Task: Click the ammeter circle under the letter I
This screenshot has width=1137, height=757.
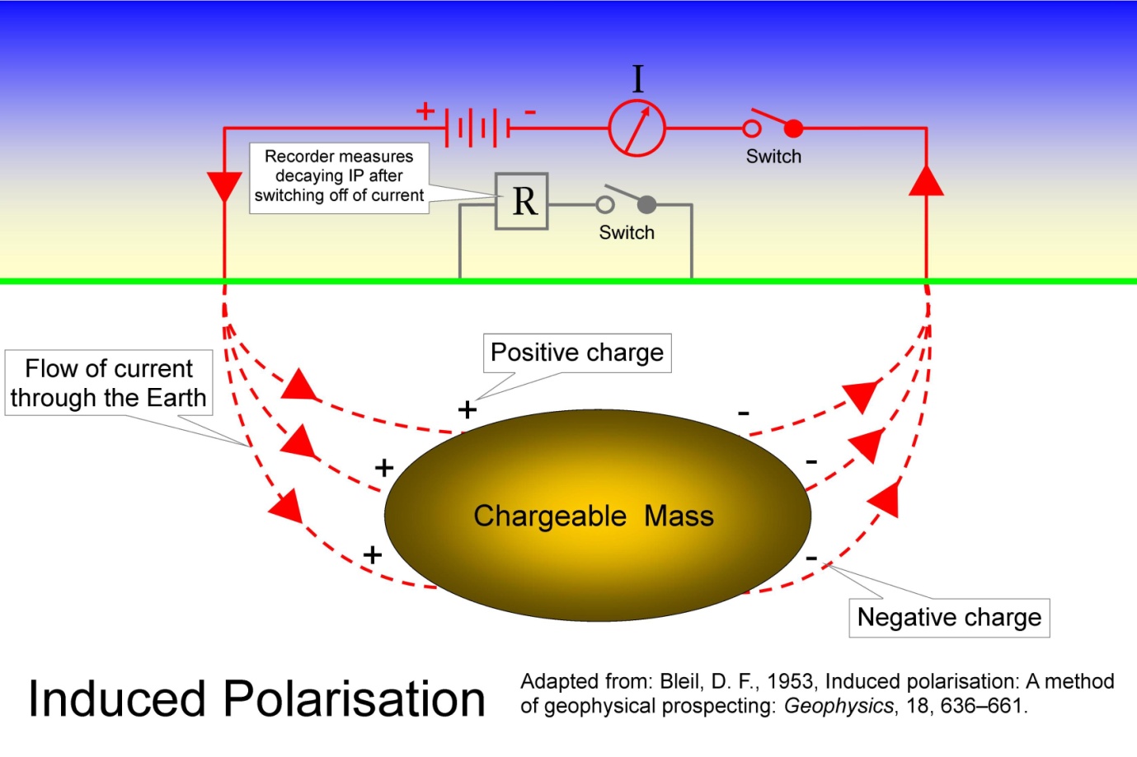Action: pos(637,129)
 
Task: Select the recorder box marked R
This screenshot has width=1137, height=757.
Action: pos(522,201)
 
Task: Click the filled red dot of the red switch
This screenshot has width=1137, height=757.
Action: pos(793,129)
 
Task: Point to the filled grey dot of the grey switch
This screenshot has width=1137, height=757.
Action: pos(647,204)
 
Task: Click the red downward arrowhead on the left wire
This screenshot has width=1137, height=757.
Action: pos(224,186)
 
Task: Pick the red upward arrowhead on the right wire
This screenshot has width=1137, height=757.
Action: pos(926,180)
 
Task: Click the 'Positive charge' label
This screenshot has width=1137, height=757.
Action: pos(577,353)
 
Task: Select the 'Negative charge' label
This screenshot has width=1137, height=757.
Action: pos(949,617)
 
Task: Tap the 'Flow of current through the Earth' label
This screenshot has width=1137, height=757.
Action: pos(109,383)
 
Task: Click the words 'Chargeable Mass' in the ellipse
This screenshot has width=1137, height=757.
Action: pos(594,516)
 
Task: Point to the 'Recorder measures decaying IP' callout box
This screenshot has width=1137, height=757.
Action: pos(339,176)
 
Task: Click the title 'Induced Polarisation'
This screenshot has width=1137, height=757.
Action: pos(256,699)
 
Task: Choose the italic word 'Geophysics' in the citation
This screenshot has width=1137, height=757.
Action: pos(838,706)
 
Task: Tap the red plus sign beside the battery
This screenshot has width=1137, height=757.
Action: pos(425,110)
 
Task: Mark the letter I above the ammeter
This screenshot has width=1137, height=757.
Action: pos(637,79)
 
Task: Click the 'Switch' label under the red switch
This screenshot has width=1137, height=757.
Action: pos(773,157)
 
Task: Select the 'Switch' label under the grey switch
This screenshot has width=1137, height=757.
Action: pos(627,233)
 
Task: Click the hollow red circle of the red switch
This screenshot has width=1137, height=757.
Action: pos(752,129)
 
